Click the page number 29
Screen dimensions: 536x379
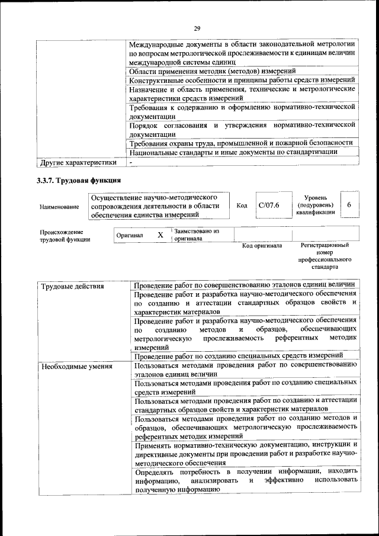(198, 28)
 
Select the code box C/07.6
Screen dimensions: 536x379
(269, 205)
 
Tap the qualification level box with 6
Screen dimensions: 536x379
(349, 204)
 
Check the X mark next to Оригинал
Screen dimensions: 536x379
(160, 235)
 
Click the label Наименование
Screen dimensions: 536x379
(59, 207)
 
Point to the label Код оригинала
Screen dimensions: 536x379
(262, 245)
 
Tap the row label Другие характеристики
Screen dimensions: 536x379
(78, 162)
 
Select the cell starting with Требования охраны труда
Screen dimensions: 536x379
(241, 143)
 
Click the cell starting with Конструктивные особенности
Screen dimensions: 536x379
(242, 80)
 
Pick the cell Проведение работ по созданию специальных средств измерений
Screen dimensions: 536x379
(239, 355)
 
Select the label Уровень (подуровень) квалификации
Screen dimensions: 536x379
(319, 205)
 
